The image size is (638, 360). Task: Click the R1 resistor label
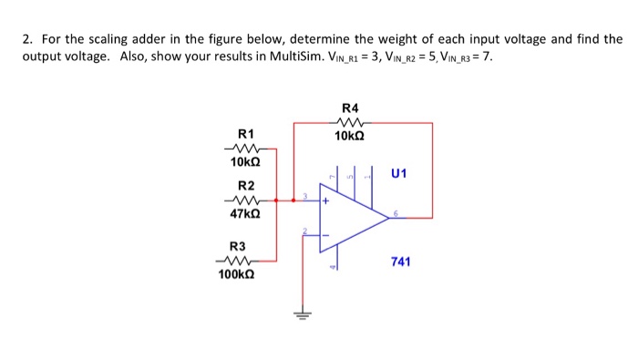(x=243, y=134)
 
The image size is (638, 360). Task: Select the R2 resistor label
(x=243, y=185)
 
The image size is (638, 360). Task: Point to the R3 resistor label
(x=237, y=246)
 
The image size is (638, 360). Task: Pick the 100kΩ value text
(x=236, y=273)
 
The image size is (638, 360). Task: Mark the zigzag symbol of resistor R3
(x=236, y=259)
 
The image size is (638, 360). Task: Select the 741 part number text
(x=401, y=262)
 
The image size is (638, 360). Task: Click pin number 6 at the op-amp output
(x=395, y=212)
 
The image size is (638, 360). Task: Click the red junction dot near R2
(x=292, y=197)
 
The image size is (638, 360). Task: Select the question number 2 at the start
(x=27, y=39)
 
